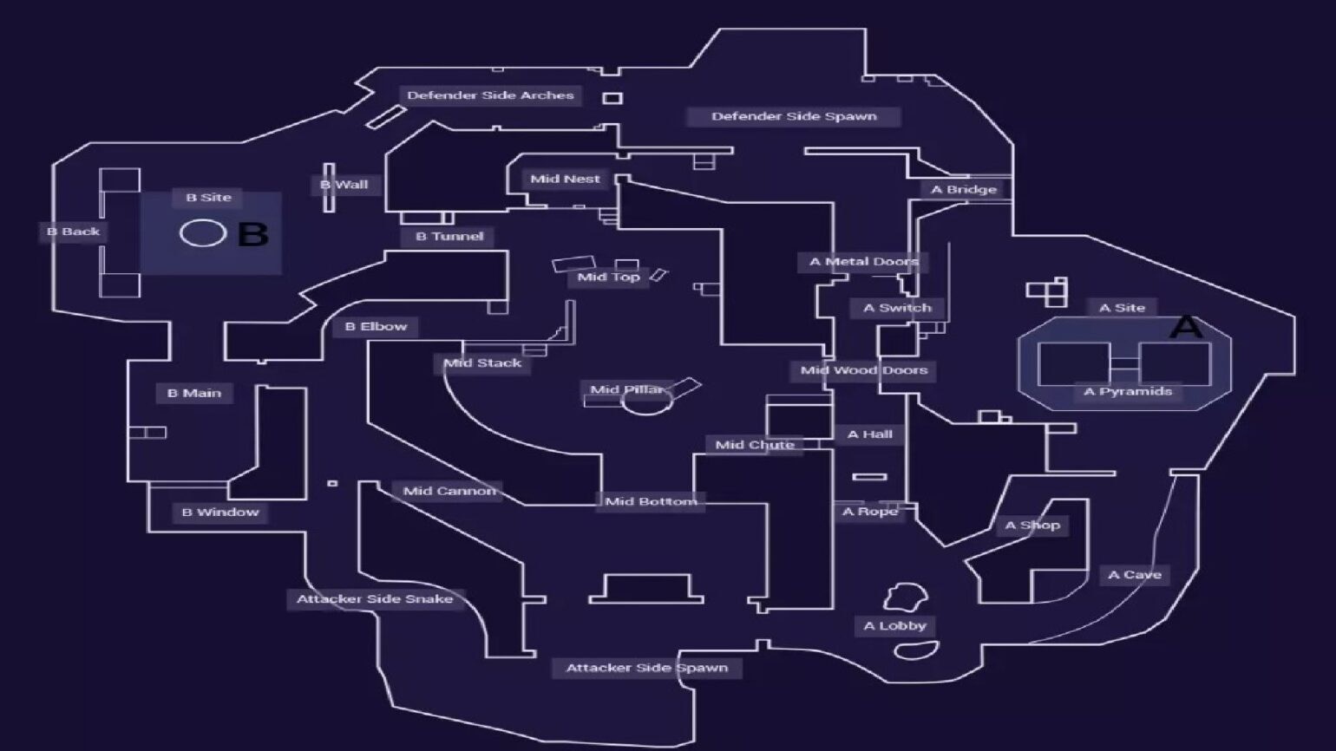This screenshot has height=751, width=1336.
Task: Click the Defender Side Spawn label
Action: [x=794, y=116]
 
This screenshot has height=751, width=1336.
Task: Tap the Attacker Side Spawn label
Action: [x=646, y=668]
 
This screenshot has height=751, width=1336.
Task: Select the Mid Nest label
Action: [x=565, y=179]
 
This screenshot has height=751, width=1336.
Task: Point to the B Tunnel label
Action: [x=449, y=236]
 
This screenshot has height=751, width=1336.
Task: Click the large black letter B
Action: [x=252, y=234]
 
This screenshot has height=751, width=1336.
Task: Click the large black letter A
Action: [x=1186, y=327]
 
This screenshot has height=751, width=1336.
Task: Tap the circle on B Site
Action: [x=203, y=233]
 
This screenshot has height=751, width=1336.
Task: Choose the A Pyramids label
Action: [x=1128, y=391]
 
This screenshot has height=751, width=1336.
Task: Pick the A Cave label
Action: [x=1135, y=574]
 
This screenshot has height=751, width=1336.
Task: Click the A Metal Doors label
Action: [x=863, y=261]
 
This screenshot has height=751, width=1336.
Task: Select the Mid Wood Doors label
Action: [x=864, y=370]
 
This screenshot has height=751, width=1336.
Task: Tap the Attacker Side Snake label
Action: [x=375, y=598]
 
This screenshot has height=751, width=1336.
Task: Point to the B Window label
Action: [x=220, y=513]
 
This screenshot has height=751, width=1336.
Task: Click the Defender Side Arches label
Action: [x=490, y=95]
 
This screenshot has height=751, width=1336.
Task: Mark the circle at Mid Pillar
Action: [x=646, y=402]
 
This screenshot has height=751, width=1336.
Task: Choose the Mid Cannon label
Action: [x=449, y=491]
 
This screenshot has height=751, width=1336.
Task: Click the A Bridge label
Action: [x=964, y=189]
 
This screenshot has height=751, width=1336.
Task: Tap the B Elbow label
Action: [x=376, y=326]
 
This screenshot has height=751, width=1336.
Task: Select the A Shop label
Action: [x=1032, y=525]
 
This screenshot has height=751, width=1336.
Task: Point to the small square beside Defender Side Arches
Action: [x=612, y=98]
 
